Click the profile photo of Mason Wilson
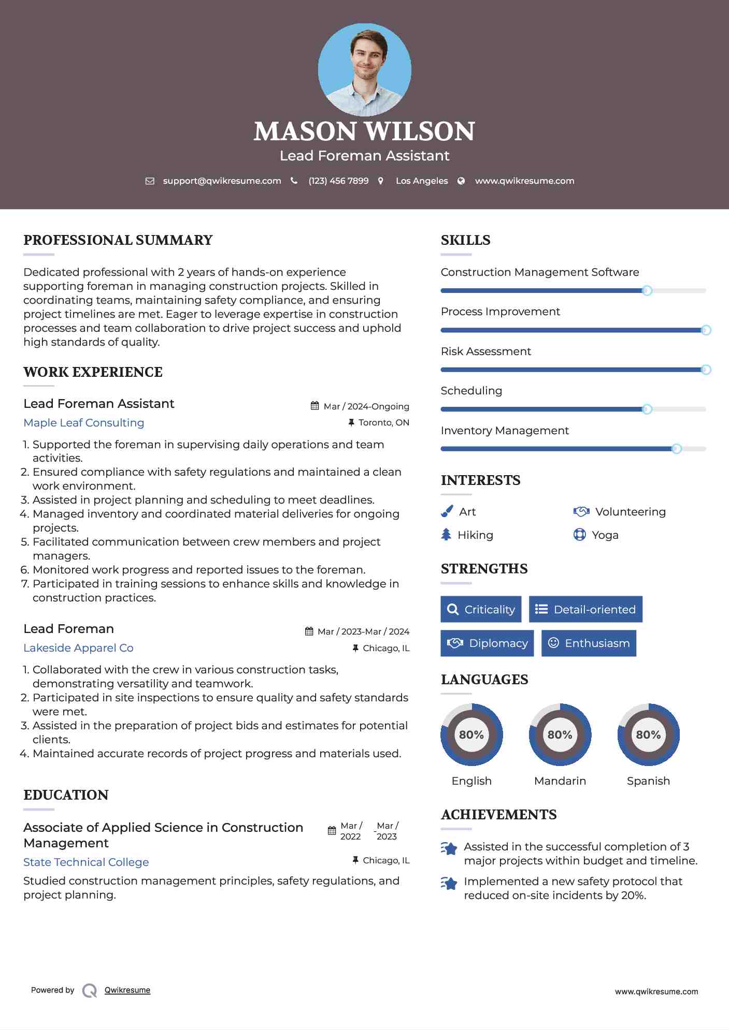click(x=364, y=69)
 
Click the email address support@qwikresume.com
click(x=222, y=181)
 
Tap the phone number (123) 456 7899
click(x=338, y=181)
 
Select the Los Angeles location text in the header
click(x=422, y=181)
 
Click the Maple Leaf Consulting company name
click(x=84, y=422)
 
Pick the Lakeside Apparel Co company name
click(x=78, y=648)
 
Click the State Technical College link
click(x=86, y=862)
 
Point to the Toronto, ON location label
click(x=383, y=422)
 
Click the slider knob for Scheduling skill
click(x=647, y=409)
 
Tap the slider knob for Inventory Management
click(x=676, y=449)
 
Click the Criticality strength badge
click(x=481, y=609)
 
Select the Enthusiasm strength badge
click(x=589, y=643)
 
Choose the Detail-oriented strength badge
click(x=585, y=609)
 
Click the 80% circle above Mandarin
click(x=560, y=734)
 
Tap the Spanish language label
click(x=648, y=781)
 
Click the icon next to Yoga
click(x=579, y=535)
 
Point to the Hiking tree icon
click(x=446, y=535)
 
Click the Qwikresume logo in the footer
click(x=90, y=990)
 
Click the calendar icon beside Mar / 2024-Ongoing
click(x=315, y=406)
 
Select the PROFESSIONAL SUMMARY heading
click(x=118, y=240)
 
